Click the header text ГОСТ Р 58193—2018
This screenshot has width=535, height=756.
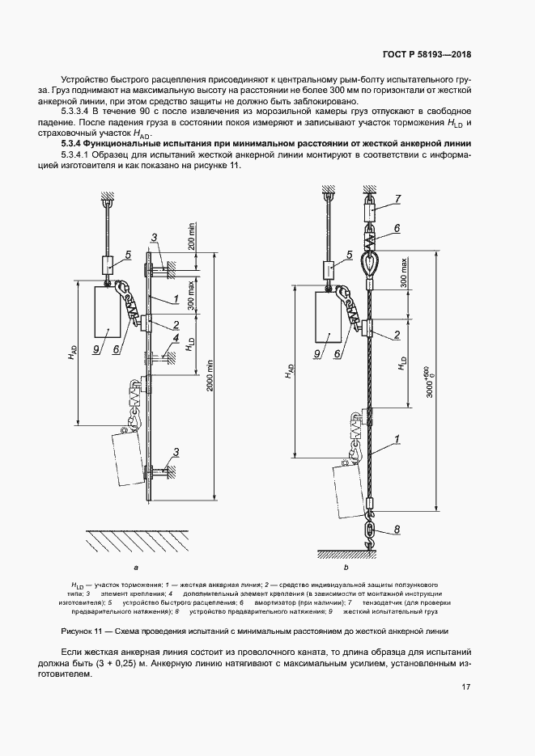[426, 56]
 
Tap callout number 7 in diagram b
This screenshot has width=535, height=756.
[399, 198]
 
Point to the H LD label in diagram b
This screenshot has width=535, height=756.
[401, 363]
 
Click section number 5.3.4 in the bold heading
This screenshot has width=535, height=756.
[72, 143]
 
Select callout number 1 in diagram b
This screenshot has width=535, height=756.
[397, 440]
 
